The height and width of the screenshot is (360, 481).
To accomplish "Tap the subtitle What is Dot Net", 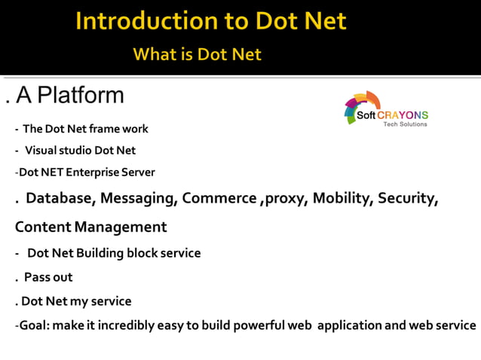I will [198, 54].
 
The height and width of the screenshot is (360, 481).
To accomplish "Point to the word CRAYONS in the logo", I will [403, 115].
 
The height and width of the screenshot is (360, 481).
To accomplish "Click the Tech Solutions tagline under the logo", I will [405, 124].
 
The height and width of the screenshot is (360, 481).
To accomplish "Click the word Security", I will [408, 199].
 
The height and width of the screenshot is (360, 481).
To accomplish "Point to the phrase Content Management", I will [90, 227].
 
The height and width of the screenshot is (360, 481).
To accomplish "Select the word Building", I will [97, 253].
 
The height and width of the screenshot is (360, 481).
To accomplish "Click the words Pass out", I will [48, 277].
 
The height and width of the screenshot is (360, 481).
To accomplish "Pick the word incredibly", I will [121, 325].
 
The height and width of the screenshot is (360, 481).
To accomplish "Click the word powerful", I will [254, 325].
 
